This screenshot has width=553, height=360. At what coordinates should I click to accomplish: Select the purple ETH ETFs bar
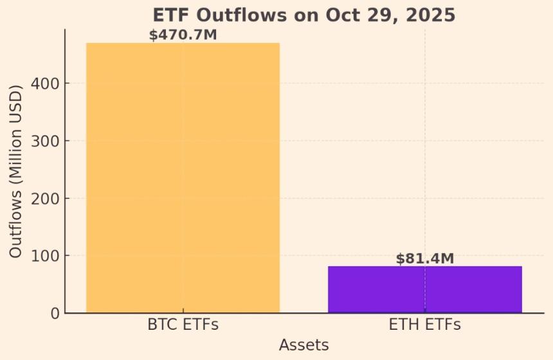point(424,289)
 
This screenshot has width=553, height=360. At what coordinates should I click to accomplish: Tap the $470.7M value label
point(183,35)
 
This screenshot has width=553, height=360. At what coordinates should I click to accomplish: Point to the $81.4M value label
point(424,258)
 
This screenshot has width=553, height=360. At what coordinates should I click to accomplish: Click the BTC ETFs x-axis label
point(183,325)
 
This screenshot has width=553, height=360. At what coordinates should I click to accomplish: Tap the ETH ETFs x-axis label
point(424,325)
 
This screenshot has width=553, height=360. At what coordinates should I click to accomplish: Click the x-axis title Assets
point(304,345)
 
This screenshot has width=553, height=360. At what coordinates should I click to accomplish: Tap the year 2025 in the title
point(432,15)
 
